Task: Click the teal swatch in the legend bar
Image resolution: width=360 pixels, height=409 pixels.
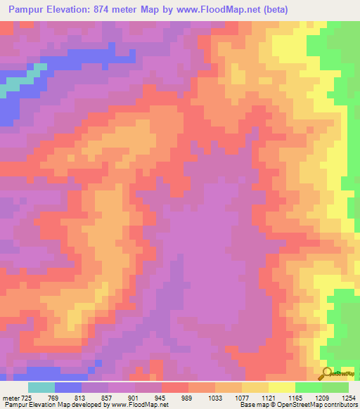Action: tap(41, 387)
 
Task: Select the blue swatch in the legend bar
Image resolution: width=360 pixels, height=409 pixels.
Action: tap(68, 387)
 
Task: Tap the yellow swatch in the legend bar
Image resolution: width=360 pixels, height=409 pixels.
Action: tap(282, 387)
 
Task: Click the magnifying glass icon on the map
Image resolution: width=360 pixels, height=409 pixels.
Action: tap(326, 372)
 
